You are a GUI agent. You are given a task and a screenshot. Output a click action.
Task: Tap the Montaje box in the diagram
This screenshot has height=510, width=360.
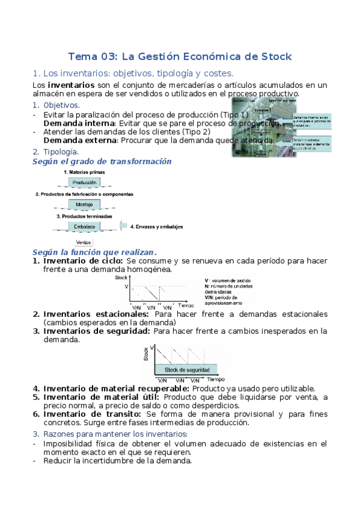point(84,204)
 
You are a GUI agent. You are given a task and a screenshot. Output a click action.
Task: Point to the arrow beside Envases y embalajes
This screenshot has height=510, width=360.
point(123,226)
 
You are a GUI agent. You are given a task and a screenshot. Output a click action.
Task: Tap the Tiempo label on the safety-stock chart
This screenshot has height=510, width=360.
point(216,380)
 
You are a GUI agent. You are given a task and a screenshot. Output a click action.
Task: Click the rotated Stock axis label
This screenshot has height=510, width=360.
point(146,354)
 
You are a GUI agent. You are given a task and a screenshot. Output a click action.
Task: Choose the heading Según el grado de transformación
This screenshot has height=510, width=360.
point(102,161)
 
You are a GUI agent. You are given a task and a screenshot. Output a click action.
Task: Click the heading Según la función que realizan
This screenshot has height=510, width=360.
point(94,252)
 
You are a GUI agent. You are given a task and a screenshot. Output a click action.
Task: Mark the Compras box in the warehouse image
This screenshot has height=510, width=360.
point(261,111)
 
